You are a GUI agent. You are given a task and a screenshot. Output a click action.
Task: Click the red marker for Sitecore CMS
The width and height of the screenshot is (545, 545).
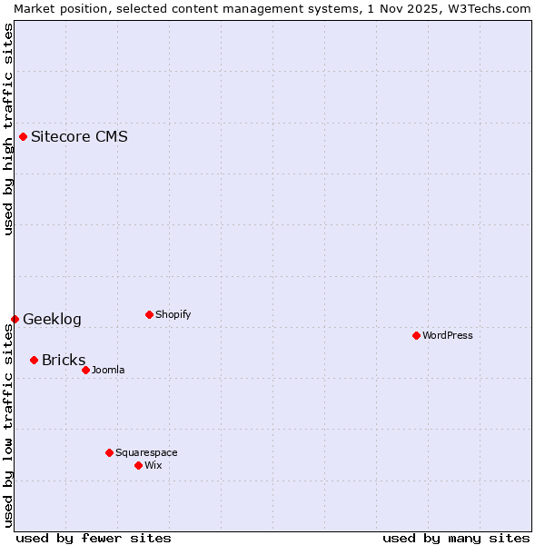click(x=24, y=137)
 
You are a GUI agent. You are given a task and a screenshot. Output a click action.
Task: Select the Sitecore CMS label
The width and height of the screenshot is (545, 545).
click(x=79, y=137)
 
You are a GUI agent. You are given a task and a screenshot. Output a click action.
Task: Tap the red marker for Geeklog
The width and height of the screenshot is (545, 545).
click(x=15, y=319)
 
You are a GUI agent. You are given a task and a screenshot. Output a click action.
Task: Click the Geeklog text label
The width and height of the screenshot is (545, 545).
click(x=52, y=320)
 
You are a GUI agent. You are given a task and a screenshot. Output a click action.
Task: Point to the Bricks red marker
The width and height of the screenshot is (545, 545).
click(x=34, y=361)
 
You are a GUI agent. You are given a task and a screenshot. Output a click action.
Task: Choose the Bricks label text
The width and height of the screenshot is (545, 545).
click(x=64, y=361)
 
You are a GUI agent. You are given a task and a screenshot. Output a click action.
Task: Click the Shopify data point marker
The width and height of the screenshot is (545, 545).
click(x=149, y=315)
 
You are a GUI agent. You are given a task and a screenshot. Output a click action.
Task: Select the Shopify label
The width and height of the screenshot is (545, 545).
click(x=173, y=315)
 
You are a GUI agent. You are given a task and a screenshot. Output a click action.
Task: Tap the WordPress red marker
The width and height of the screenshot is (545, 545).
click(x=416, y=336)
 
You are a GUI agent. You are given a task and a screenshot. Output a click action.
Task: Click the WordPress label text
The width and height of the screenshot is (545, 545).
click(x=447, y=336)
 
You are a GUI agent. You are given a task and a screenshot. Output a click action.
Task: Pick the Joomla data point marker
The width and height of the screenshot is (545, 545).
click(x=85, y=370)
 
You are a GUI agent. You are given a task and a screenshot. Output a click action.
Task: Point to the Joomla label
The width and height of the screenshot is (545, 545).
click(x=108, y=371)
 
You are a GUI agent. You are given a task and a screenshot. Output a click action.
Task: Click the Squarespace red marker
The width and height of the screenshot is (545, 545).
click(x=109, y=452)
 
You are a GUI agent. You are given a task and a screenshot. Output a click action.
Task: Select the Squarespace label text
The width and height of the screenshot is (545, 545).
click(x=146, y=453)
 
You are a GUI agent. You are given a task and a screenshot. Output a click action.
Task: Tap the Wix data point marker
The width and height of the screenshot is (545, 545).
click(x=138, y=465)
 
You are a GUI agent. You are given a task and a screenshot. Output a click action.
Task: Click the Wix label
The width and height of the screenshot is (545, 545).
click(x=153, y=466)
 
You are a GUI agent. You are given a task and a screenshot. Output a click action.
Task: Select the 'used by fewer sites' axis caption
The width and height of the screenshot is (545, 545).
click(x=94, y=538)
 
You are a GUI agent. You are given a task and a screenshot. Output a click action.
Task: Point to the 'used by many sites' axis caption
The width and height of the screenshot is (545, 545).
click(x=456, y=538)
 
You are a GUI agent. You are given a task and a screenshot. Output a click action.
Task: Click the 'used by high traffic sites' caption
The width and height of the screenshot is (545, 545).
click(x=8, y=129)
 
